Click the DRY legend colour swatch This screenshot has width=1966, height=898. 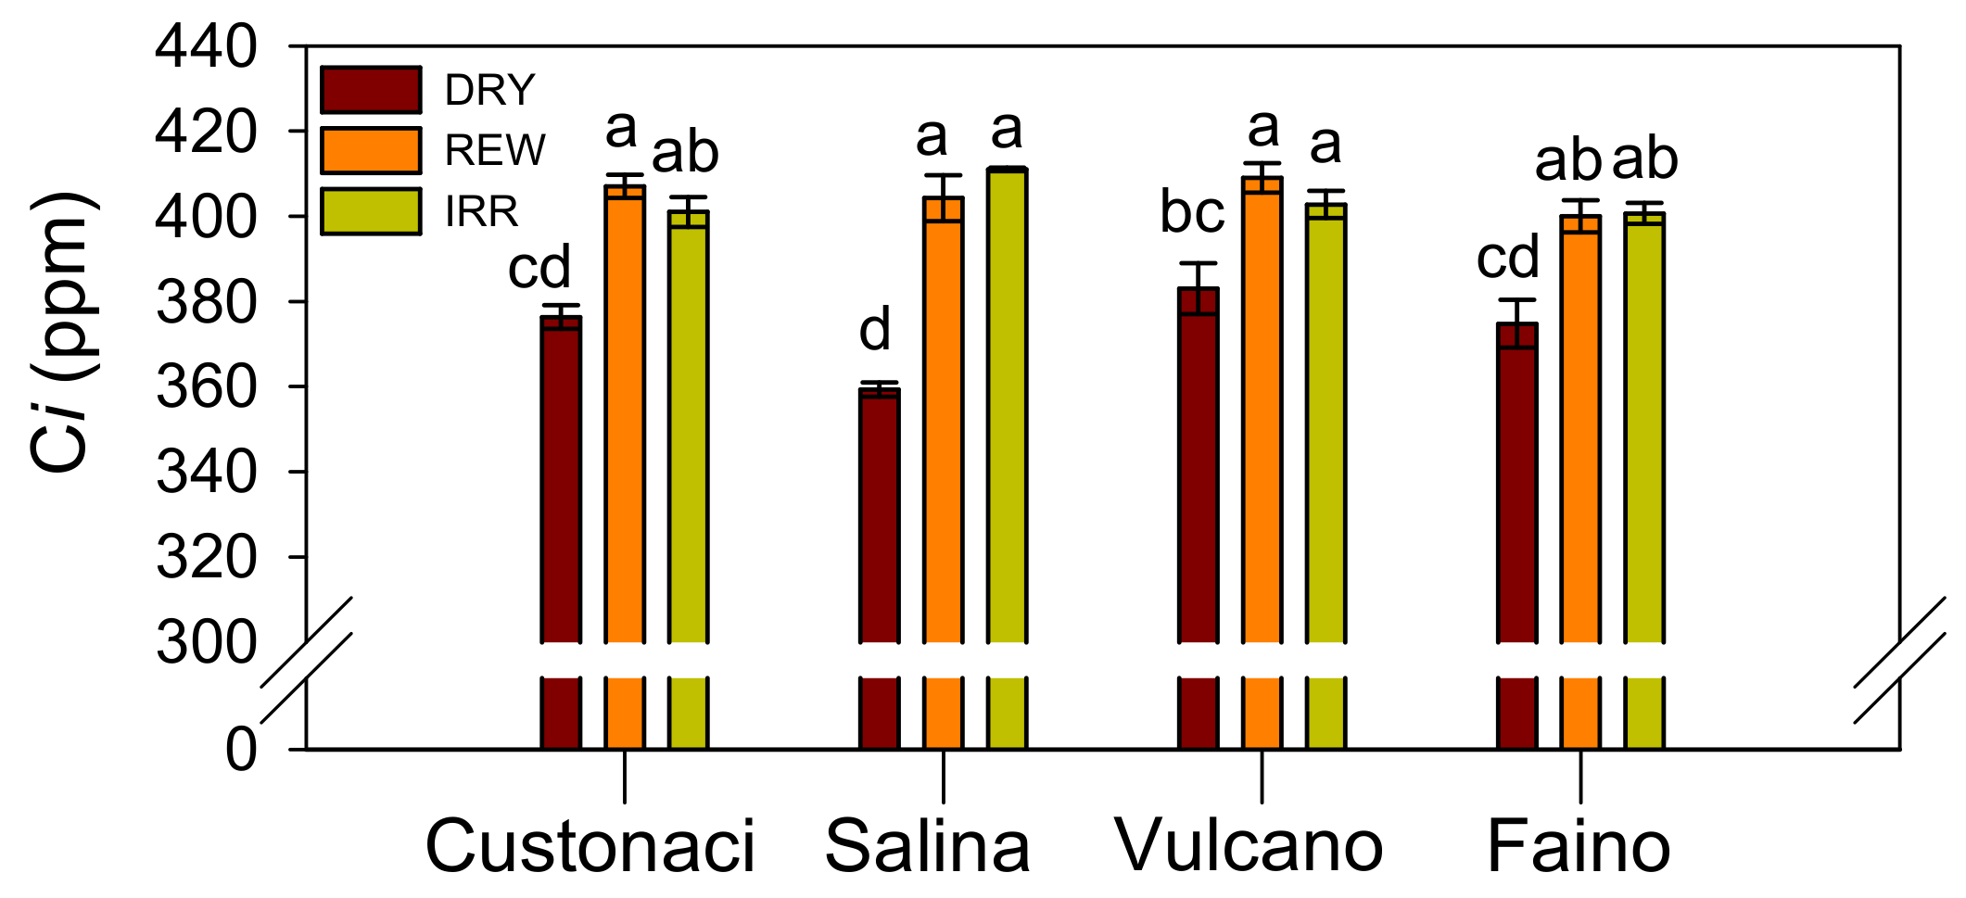click(371, 90)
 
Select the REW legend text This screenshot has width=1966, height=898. click(495, 150)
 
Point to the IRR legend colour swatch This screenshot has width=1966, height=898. click(371, 211)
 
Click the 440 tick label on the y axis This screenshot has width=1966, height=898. click(206, 47)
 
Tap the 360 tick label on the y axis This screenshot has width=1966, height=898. click(206, 387)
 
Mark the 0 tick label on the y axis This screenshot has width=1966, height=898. click(241, 749)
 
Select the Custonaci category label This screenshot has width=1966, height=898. click(590, 846)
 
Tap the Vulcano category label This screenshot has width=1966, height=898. click(1248, 846)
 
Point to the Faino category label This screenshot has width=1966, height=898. click(1579, 846)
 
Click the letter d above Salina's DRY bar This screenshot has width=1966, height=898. click(875, 330)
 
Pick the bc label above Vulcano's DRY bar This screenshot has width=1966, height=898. click(1193, 212)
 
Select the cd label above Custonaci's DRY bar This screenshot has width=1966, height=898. click(539, 268)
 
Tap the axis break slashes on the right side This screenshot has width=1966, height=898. click(1898, 661)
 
